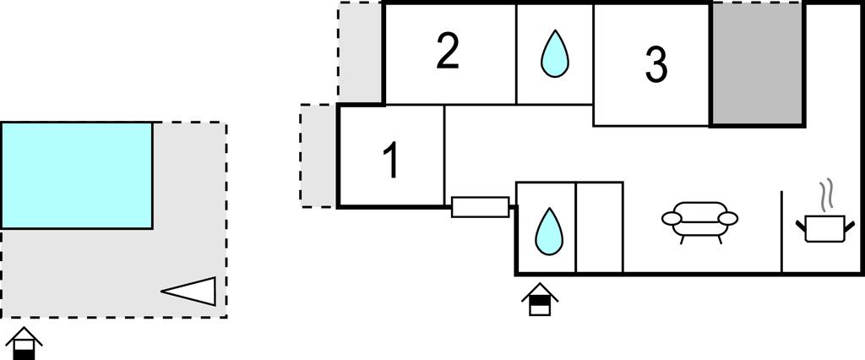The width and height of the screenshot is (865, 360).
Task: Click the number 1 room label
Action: [x=390, y=161]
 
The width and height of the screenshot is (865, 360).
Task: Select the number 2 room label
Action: [x=448, y=52]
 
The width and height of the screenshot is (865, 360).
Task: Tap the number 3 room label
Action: [x=656, y=64]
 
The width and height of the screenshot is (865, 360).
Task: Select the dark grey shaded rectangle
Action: [x=756, y=64]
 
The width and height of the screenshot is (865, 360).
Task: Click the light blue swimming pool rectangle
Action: [x=76, y=175]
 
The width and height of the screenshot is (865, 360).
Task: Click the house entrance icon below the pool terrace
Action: [x=24, y=343]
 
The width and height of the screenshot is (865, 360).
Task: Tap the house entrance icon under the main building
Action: [x=539, y=300]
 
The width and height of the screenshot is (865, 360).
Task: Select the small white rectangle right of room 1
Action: [x=480, y=207]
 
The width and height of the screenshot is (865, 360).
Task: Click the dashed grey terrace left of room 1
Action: [x=318, y=156]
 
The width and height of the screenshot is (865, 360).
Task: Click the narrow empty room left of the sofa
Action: [x=599, y=227]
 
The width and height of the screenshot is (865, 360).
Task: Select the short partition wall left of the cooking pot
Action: [x=781, y=232]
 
